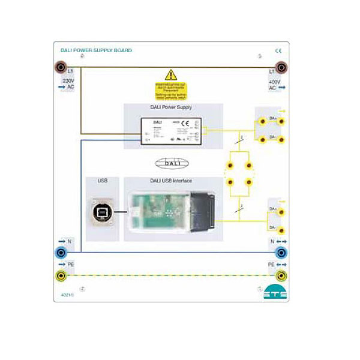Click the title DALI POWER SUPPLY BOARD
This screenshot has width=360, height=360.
point(96,50)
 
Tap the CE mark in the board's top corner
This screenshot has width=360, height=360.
point(278,51)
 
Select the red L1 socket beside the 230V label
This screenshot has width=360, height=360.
point(62,67)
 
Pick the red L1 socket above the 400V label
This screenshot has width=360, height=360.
point(280,67)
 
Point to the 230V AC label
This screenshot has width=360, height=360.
point(67,83)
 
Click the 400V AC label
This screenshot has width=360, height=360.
point(274,84)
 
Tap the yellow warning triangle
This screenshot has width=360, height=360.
point(171,75)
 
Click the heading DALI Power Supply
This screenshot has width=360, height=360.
point(173,109)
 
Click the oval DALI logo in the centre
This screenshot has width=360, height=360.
point(172,163)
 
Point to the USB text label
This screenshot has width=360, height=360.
point(101,181)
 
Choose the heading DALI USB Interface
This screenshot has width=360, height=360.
point(173,181)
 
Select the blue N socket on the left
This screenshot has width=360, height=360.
point(62,253)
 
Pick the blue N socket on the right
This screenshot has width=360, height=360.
point(280,253)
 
